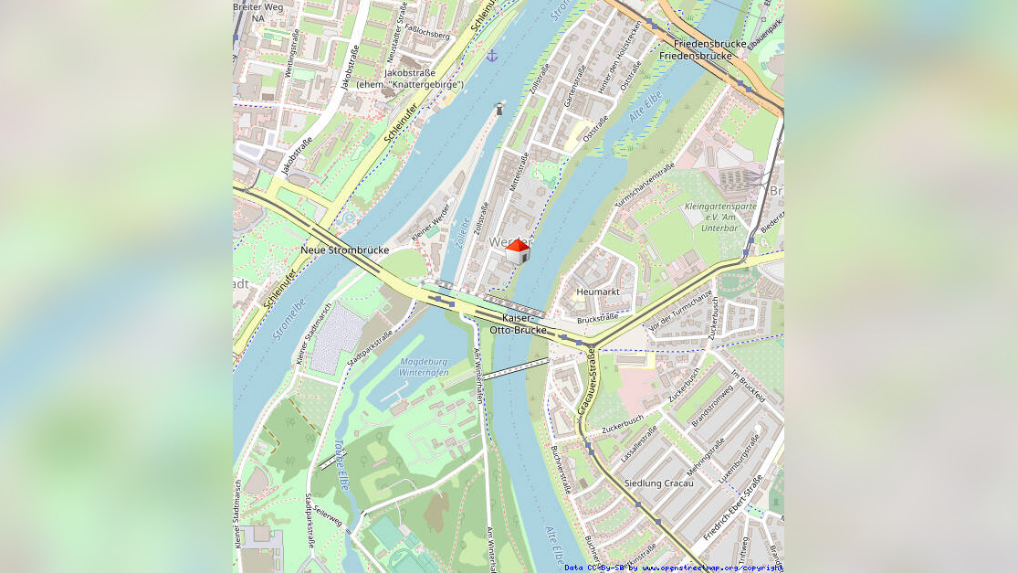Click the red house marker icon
[x=518, y=250]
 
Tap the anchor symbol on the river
[x=492, y=56]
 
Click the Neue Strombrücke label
[x=344, y=249]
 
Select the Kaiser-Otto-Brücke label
[x=518, y=324]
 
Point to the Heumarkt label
[x=598, y=292]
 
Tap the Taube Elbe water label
[x=341, y=464]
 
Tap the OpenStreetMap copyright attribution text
[x=673, y=568]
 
